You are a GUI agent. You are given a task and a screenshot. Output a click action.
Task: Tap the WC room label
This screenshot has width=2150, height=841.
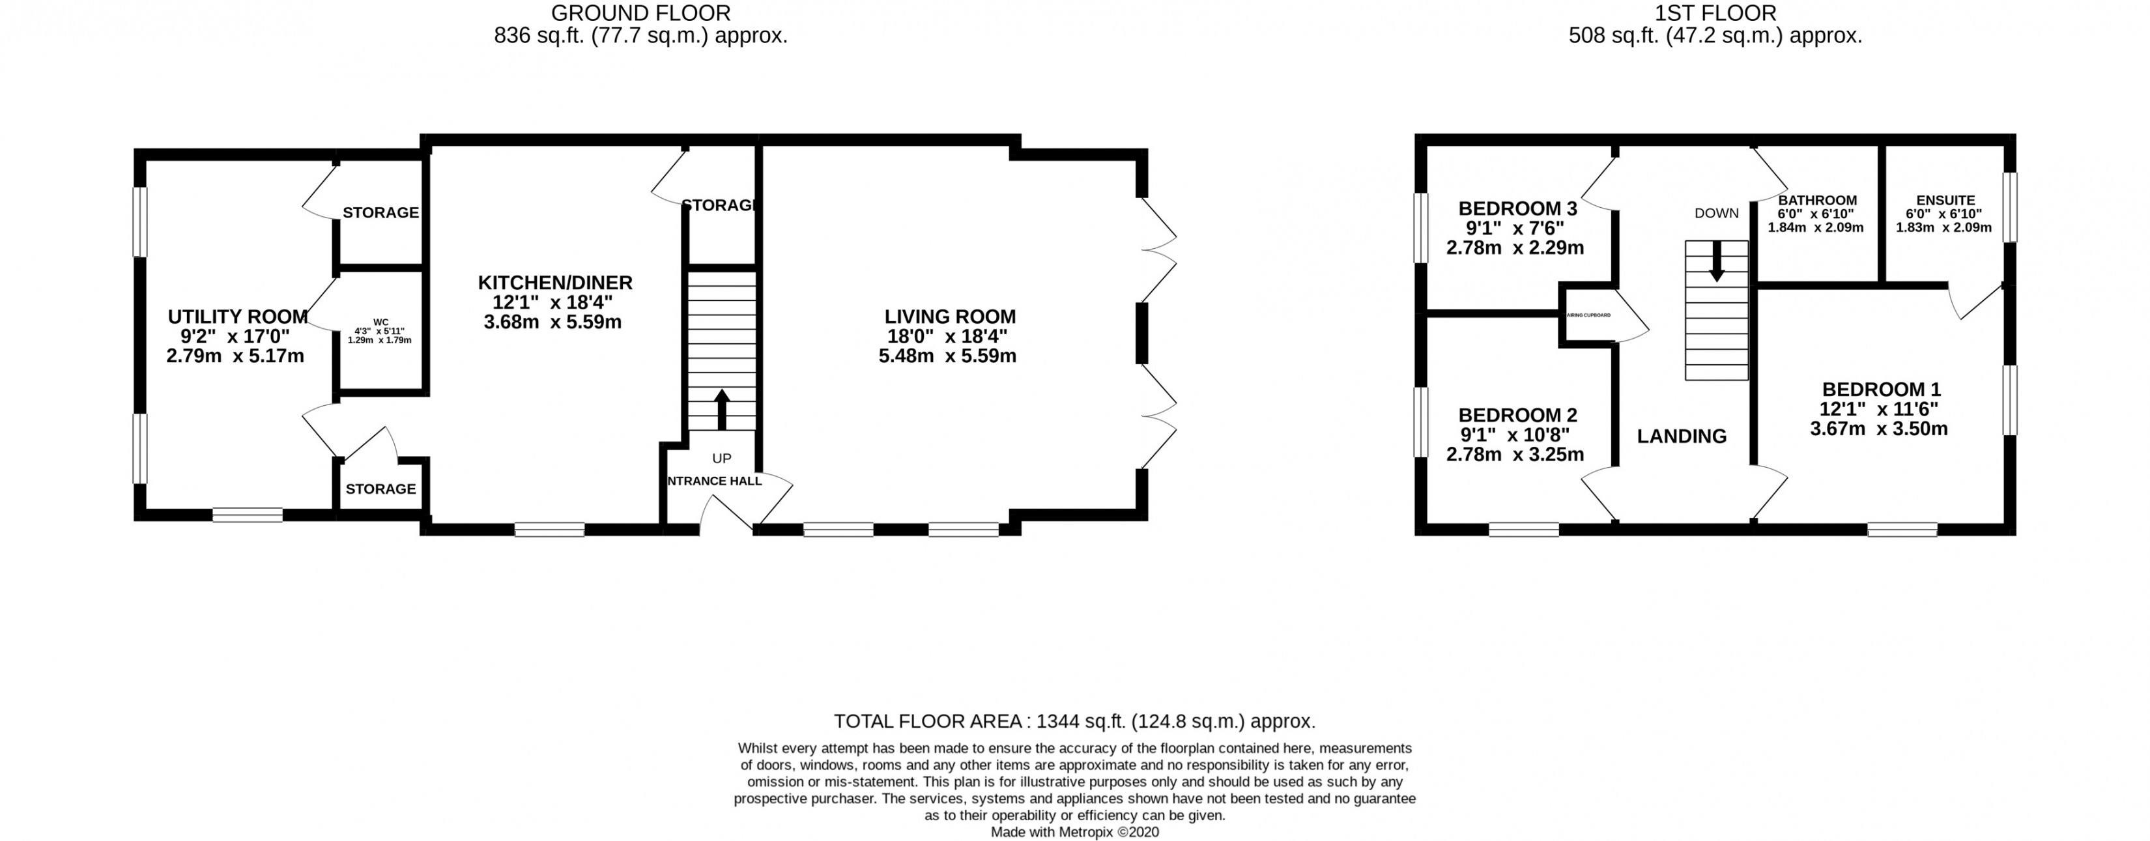(x=380, y=322)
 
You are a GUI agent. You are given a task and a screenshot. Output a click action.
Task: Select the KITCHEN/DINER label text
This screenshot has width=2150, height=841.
(x=554, y=283)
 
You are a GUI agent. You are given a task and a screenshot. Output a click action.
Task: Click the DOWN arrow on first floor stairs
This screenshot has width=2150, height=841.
(x=1716, y=262)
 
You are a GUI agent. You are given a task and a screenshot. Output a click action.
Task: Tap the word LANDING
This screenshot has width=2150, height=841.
(x=1681, y=436)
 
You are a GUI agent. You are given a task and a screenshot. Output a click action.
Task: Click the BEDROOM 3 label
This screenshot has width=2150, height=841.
(x=1517, y=208)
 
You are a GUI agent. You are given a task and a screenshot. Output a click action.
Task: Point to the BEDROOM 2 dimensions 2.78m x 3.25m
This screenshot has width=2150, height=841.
(x=1515, y=455)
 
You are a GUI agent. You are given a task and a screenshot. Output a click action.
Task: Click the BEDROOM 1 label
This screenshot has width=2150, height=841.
(x=1882, y=390)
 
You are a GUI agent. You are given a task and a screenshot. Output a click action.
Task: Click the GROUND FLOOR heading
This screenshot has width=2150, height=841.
(x=640, y=13)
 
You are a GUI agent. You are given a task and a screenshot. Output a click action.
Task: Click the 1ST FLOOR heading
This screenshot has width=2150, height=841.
(x=1715, y=13)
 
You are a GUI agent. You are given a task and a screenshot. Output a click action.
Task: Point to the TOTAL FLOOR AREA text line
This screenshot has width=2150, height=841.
(x=1074, y=722)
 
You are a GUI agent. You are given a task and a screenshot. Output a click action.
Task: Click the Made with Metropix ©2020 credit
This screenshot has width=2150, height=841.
(x=1074, y=833)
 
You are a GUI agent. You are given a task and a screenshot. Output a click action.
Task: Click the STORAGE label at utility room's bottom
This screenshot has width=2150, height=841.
(x=380, y=489)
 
